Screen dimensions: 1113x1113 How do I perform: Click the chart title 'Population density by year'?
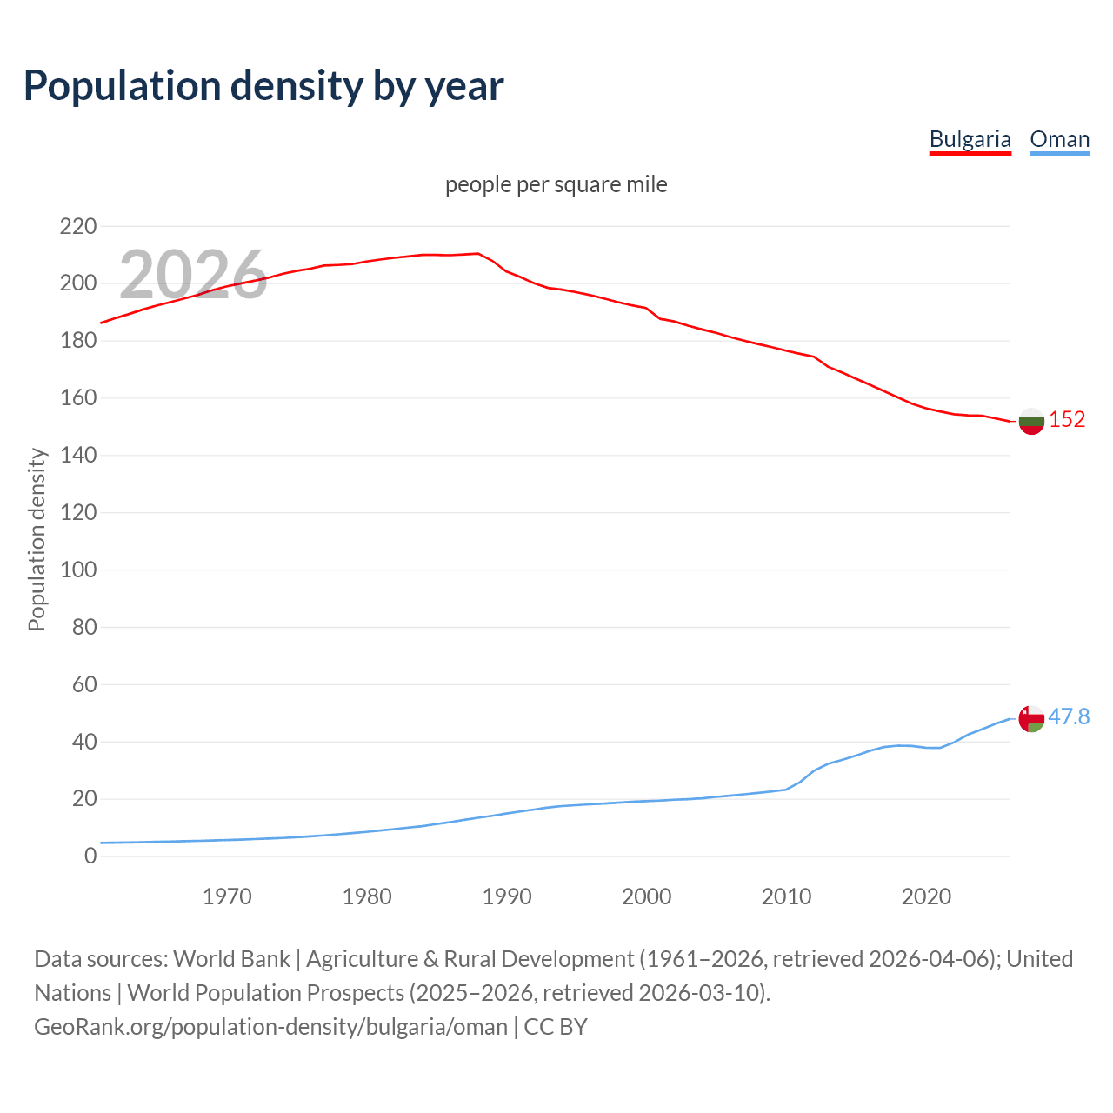click(263, 85)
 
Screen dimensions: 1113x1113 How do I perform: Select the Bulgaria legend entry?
click(970, 139)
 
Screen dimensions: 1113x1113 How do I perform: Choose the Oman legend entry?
click(1059, 139)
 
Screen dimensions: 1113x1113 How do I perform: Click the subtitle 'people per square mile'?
click(556, 184)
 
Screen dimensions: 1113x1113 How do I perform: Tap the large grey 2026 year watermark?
click(193, 274)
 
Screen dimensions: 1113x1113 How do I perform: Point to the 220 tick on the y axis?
click(78, 227)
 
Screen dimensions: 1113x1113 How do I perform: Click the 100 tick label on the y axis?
click(78, 570)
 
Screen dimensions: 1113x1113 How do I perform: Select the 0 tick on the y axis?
click(90, 856)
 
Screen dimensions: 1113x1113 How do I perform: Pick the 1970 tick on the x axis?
click(227, 896)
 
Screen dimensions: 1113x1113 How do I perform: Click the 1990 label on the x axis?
click(507, 896)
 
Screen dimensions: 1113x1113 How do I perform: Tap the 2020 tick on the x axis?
click(926, 896)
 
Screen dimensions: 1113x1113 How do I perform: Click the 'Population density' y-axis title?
click(37, 539)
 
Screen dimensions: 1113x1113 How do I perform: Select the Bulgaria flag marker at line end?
click(1031, 421)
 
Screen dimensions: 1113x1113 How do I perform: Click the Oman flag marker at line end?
click(1031, 719)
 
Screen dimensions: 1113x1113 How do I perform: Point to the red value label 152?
click(1067, 419)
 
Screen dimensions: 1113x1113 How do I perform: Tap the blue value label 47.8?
click(1069, 716)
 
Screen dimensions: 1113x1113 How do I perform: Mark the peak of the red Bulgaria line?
click(477, 253)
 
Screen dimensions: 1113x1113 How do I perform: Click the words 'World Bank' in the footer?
click(231, 959)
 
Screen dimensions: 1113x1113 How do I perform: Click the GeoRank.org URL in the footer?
click(270, 1027)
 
